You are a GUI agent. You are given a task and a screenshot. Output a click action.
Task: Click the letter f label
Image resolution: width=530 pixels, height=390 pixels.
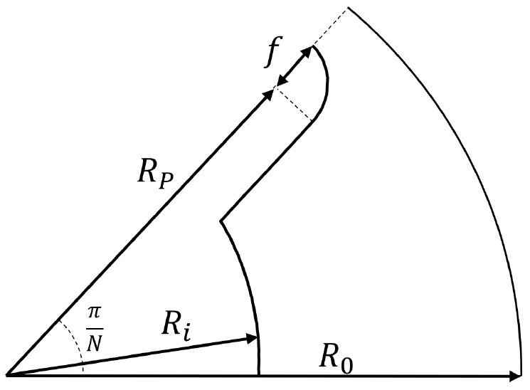point(273,51)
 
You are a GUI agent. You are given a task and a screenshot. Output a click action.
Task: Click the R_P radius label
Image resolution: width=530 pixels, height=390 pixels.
point(156,176)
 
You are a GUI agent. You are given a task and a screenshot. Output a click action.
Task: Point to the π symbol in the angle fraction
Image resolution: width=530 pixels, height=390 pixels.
point(95,313)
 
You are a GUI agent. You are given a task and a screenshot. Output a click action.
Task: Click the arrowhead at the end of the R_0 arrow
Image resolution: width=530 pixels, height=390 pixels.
point(516,376)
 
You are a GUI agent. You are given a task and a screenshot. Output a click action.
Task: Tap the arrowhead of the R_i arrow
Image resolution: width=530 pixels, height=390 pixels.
point(252,338)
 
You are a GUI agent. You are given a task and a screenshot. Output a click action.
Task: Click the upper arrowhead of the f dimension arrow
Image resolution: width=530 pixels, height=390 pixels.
point(307,52)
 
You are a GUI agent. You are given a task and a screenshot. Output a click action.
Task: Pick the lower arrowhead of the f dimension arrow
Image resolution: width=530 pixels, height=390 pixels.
point(281,80)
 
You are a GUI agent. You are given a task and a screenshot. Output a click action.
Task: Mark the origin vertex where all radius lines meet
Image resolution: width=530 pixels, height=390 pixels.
point(7,375)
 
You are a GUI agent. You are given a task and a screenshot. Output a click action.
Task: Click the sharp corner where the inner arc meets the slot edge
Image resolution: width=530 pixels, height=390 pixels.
point(221,221)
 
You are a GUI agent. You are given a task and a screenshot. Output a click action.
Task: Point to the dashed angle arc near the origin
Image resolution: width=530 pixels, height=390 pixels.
point(75,342)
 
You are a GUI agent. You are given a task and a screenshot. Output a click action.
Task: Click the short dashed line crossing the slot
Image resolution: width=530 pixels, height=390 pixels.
point(293,102)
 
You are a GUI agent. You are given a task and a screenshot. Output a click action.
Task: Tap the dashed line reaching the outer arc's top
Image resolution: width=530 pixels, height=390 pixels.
point(330,26)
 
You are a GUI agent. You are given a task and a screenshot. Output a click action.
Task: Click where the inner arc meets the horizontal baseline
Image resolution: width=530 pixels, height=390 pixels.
point(258,375)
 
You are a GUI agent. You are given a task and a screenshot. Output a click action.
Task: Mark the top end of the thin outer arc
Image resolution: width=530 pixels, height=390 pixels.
point(348,7)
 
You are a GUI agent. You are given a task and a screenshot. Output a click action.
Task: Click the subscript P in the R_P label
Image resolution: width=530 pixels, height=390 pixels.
point(166,181)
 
